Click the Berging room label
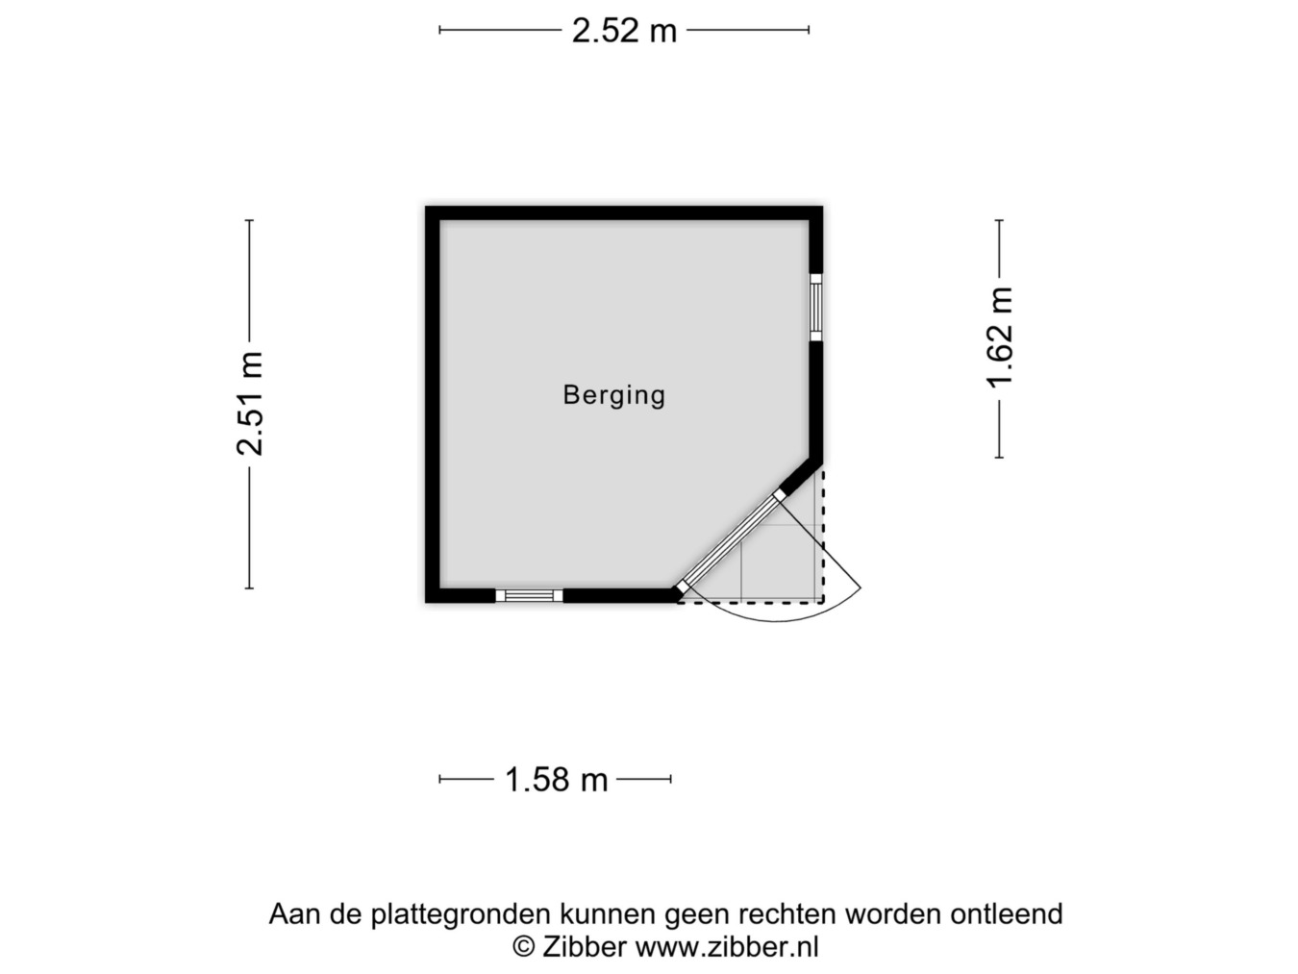pos(613,395)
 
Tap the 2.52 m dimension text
pos(624,31)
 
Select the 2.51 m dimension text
pos(249,404)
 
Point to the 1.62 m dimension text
pos(999,337)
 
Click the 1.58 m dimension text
pos(556,780)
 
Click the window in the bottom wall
pos(529,595)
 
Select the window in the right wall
pos(816,308)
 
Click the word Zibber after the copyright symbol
pos(585,947)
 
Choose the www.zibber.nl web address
pos(727,947)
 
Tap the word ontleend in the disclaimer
pos(1007,914)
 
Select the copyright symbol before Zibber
pos(523,947)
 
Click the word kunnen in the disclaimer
pos(608,914)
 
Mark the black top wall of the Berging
pos(624,212)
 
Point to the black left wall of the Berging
pos(433,405)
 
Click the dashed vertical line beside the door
pos(823,537)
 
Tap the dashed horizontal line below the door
pos(750,603)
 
